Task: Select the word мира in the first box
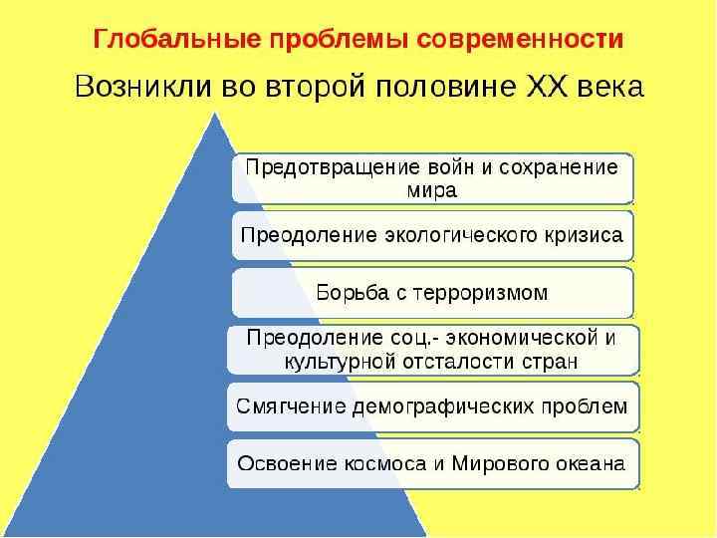[432, 189]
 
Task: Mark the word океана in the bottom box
[589, 463]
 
